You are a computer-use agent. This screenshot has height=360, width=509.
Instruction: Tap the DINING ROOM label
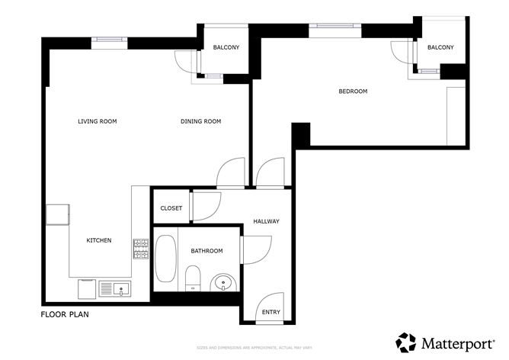tap(200, 121)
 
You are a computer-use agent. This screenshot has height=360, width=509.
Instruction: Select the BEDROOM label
tap(353, 92)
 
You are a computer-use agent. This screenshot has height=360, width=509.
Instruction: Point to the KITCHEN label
tap(98, 240)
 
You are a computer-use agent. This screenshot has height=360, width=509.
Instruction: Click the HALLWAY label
tap(266, 222)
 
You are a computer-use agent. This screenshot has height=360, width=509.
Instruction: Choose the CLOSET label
tap(171, 208)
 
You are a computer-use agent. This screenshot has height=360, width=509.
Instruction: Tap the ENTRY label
tap(271, 312)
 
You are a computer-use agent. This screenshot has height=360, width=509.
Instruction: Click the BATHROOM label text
tap(206, 251)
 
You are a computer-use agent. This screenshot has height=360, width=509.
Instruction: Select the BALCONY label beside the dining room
tap(226, 48)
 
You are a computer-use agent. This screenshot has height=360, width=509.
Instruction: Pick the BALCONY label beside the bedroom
tap(440, 48)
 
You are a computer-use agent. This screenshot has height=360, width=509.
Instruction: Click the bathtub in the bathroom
tap(166, 259)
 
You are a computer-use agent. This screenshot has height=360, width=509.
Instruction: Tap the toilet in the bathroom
tap(193, 277)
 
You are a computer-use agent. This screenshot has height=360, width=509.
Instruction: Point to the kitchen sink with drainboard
tap(115, 288)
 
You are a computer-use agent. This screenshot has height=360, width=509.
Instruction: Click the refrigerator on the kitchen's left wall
tap(58, 214)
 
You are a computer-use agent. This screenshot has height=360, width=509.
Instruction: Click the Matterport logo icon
tap(406, 342)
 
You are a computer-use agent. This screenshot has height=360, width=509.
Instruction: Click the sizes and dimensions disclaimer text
tap(254, 347)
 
